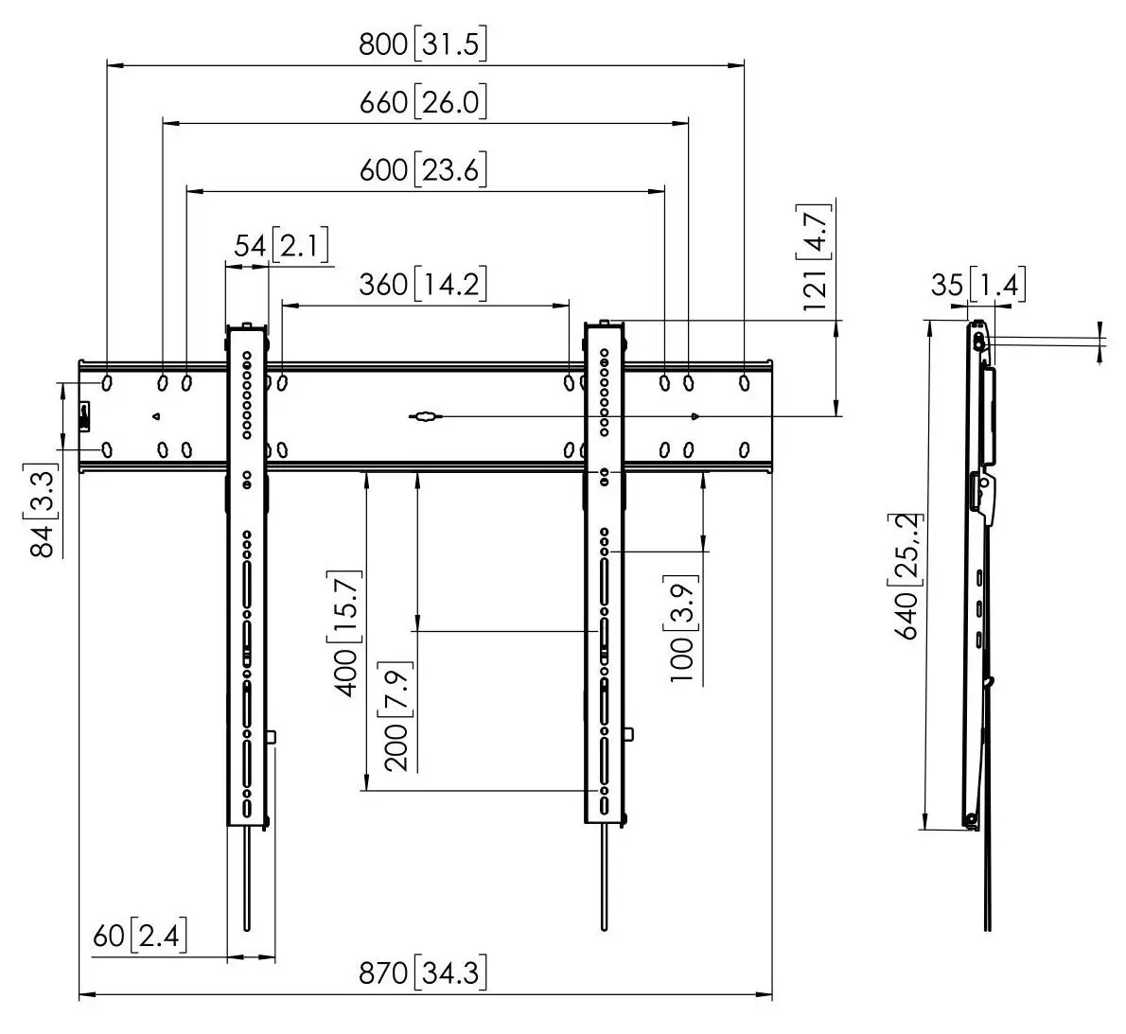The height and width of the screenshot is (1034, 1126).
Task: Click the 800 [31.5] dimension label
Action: point(423,44)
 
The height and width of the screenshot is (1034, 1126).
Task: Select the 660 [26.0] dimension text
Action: point(423,102)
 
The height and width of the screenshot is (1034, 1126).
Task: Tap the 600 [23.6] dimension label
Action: point(423,170)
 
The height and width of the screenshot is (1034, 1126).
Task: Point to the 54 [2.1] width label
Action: point(282,245)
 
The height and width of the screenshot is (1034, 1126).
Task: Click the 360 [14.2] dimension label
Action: point(423,284)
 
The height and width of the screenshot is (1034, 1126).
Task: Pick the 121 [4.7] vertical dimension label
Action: point(816,257)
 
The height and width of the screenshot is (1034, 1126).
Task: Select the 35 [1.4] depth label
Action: point(978,285)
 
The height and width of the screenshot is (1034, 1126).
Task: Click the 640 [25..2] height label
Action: point(907,576)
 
